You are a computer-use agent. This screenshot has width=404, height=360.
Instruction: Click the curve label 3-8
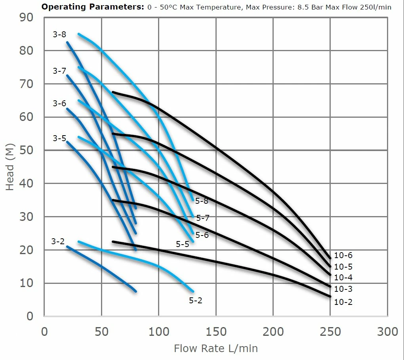coord(59,35)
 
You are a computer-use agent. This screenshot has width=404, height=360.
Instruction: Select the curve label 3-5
coord(59,138)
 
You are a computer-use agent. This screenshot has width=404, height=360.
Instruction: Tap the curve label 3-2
coord(58,241)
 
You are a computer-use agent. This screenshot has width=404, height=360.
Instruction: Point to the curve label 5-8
coord(202,201)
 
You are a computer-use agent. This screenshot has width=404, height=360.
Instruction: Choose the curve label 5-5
coord(183,244)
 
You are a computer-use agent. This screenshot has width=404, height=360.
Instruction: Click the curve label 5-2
coord(196,301)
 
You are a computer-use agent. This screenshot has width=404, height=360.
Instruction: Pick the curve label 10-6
coord(343,256)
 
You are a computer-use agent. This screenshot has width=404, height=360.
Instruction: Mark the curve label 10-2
coord(343,302)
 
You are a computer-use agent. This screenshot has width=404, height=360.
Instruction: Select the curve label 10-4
coord(343,278)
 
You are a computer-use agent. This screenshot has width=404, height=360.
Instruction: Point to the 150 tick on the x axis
coord(216,331)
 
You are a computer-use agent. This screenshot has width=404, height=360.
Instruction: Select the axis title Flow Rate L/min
coord(216,349)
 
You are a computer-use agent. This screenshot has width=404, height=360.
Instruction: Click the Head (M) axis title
coord(10,167)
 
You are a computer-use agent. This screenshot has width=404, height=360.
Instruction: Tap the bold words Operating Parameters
coord(92,7)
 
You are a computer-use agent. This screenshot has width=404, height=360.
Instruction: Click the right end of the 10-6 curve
coord(330,259)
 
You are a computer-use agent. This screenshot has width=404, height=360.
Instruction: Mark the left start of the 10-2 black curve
coord(113,241)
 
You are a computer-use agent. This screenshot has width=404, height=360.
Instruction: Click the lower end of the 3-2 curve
coord(136,291)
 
